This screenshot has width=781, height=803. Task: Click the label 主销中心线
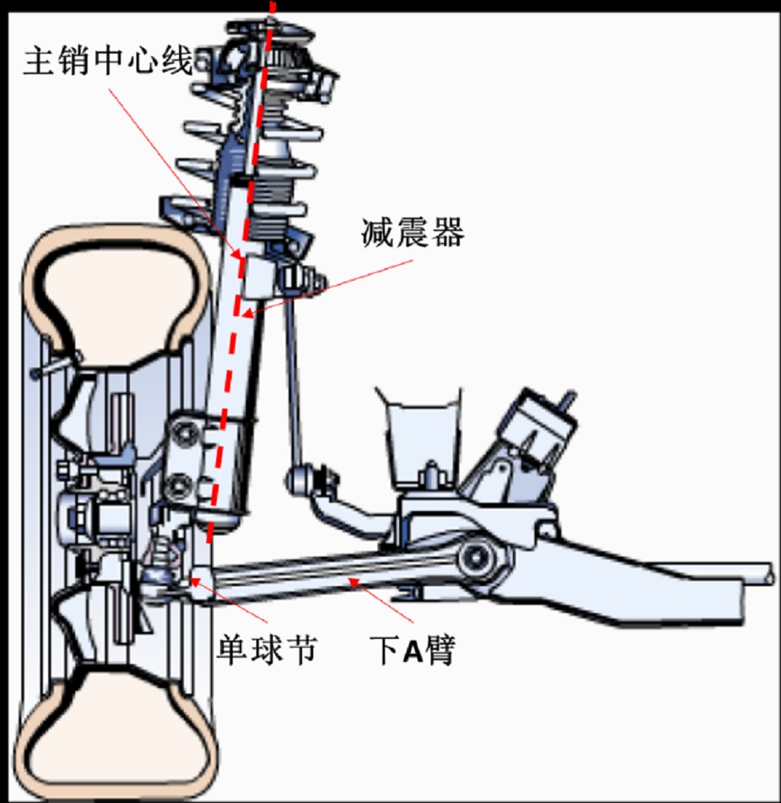pyautogui.click(x=107, y=61)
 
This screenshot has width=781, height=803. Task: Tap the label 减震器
pyautogui.click(x=413, y=232)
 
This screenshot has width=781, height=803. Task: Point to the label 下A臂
pyautogui.click(x=413, y=651)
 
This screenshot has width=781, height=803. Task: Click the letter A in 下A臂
pyautogui.click(x=413, y=652)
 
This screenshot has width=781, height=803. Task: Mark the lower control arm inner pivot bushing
pyautogui.click(x=476, y=557)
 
